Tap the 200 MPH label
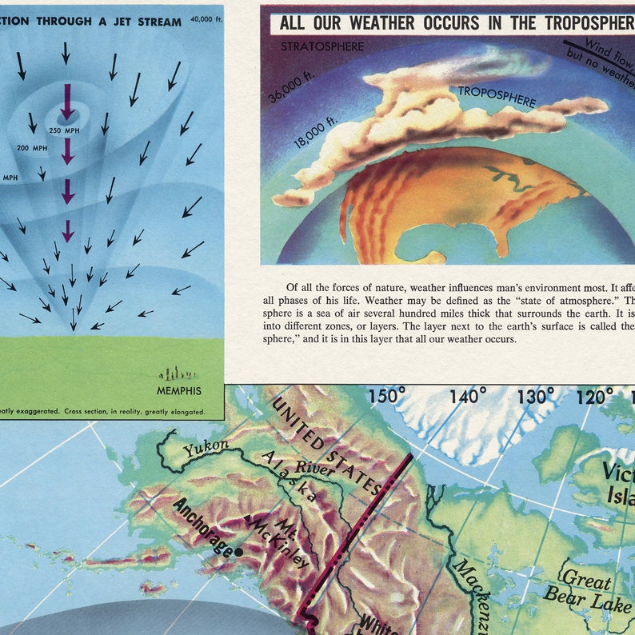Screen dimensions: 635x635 (x=33, y=148)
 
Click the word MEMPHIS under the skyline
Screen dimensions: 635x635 (x=179, y=391)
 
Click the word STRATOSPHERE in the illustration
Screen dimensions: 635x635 (x=322, y=47)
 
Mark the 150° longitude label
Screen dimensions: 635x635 (x=386, y=396)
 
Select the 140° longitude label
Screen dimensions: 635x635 (x=467, y=396)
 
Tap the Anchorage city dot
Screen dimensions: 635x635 (x=238, y=552)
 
